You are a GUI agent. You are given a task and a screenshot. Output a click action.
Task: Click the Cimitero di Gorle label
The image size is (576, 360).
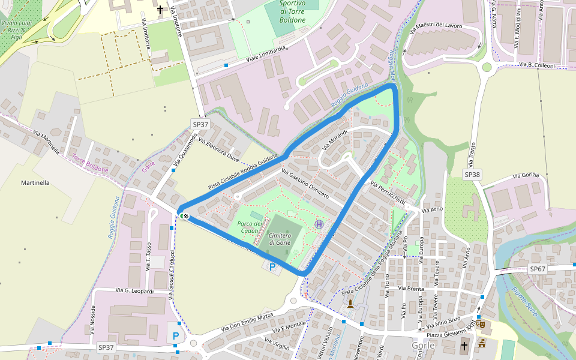pos(280,239)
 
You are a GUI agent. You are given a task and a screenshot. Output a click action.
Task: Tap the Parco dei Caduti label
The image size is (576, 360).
pos(250,227)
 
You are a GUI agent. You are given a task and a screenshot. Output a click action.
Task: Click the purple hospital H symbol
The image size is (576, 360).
pos(319,224)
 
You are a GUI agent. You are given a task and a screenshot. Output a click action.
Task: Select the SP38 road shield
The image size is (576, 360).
pos(472,174)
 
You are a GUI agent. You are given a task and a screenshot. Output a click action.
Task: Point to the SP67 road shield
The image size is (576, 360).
pos(538,269)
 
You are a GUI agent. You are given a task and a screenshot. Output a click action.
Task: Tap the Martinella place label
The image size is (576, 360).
pos(35,182)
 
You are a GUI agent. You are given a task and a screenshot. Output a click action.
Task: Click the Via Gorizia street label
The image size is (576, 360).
pos(526,176)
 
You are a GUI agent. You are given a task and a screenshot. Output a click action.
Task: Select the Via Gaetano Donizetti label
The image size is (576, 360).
pos(304,184)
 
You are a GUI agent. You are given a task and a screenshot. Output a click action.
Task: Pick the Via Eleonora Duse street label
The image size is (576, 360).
pos(218,151)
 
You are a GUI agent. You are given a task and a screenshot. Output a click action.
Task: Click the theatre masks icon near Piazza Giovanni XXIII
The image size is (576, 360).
pos(482,325)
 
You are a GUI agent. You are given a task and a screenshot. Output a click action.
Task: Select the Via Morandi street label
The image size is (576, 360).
pos(335,140)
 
